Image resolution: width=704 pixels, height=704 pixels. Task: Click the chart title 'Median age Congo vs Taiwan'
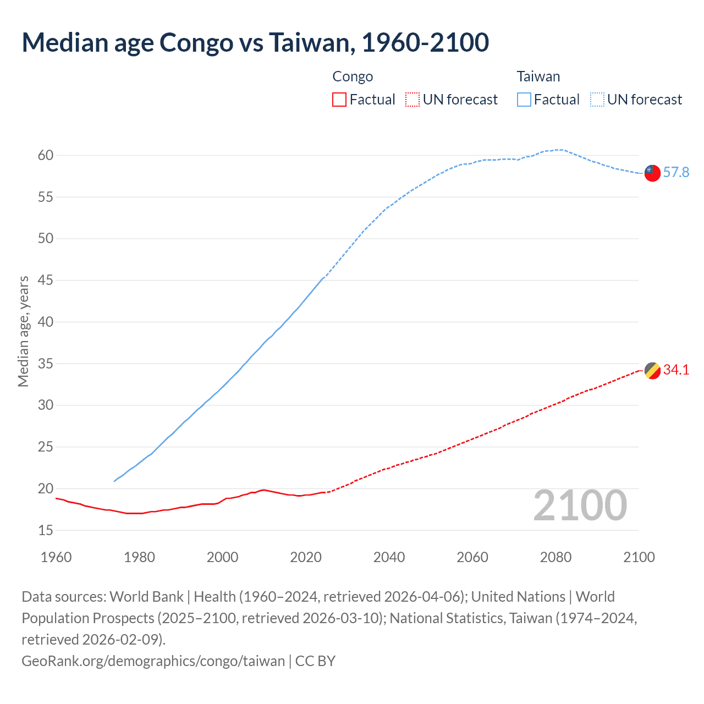(x=255, y=43)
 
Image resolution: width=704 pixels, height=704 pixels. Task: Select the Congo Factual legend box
(x=339, y=100)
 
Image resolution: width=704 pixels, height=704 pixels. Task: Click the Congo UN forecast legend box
(x=413, y=100)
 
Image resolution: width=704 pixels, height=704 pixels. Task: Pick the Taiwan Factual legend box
(x=524, y=100)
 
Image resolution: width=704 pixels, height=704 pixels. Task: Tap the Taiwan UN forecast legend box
(x=597, y=100)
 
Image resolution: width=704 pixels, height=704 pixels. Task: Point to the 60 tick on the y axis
(x=46, y=155)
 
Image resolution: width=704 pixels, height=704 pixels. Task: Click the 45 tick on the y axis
(x=46, y=280)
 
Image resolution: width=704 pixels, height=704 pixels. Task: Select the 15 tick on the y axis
(x=46, y=530)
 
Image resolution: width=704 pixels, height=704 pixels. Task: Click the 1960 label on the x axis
(x=56, y=557)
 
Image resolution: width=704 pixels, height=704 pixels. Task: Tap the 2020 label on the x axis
(x=306, y=557)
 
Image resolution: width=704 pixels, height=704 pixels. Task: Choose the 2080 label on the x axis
(x=555, y=557)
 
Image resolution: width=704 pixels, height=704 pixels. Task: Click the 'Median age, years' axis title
(x=23, y=332)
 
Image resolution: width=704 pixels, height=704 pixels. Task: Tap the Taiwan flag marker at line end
(x=652, y=173)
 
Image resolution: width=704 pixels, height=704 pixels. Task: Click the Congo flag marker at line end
(x=652, y=371)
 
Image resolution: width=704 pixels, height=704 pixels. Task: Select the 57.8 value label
(x=676, y=173)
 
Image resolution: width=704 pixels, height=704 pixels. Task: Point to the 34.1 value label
(x=676, y=370)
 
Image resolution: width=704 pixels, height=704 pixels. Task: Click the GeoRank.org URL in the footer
(x=153, y=661)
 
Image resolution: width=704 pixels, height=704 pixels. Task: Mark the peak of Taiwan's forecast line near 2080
(x=559, y=150)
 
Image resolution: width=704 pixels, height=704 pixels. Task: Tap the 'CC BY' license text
(x=315, y=661)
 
